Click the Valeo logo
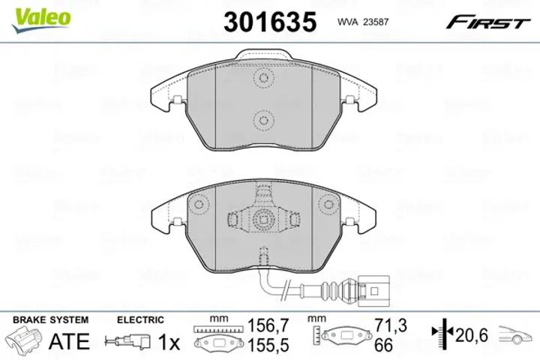tap(41, 19)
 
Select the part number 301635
tap(270, 22)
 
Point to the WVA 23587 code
tap(363, 22)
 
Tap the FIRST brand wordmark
tap(487, 22)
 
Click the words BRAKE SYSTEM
tap(51, 319)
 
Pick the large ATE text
tap(69, 341)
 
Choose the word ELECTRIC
tap(140, 319)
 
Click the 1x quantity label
tap(169, 342)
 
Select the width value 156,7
tap(268, 325)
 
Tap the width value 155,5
tap(268, 345)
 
